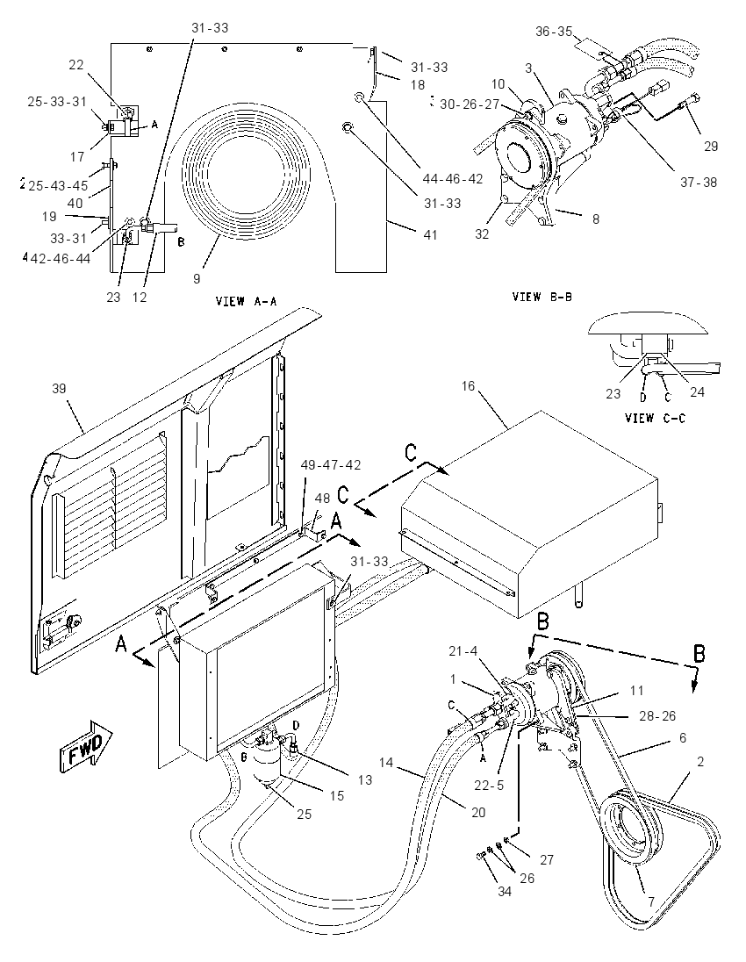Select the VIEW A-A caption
click(x=246, y=301)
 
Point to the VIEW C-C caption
click(x=656, y=418)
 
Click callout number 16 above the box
click(x=468, y=386)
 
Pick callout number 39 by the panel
click(x=59, y=388)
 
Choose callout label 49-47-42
click(x=330, y=465)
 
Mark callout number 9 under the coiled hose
click(x=197, y=278)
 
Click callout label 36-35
click(x=554, y=32)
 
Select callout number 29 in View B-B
click(x=710, y=146)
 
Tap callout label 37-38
click(x=698, y=183)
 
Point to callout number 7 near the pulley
click(x=651, y=902)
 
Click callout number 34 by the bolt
click(x=504, y=892)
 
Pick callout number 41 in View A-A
click(x=431, y=234)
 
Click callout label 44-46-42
click(x=453, y=178)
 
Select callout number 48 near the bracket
click(x=323, y=499)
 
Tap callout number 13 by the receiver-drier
click(x=365, y=779)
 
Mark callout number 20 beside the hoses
click(x=478, y=812)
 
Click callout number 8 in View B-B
click(x=596, y=219)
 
